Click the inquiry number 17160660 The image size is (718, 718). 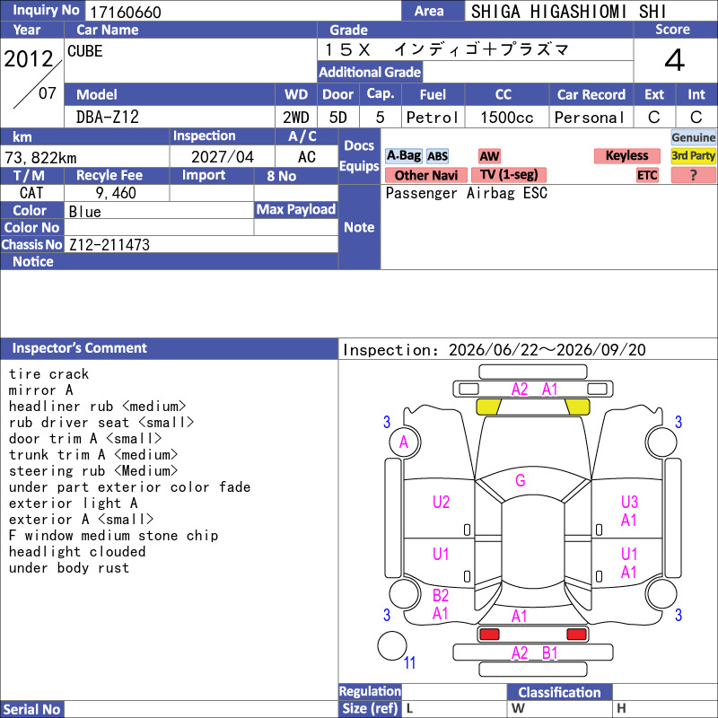[126, 12]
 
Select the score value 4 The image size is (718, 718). [675, 60]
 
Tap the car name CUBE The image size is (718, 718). [85, 51]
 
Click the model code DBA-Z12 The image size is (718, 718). [108, 118]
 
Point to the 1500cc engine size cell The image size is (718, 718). [507, 118]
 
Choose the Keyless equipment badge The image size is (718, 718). [626, 155]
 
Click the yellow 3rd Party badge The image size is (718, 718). [693, 155]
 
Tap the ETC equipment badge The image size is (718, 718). [647, 175]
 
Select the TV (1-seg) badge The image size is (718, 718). [509, 175]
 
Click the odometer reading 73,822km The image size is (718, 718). [40, 158]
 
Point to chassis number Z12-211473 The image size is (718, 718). [109, 245]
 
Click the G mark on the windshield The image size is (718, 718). [521, 480]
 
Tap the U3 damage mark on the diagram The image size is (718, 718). [629, 502]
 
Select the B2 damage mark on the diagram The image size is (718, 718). [441, 595]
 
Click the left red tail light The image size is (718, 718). [489, 635]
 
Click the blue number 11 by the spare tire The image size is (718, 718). [409, 662]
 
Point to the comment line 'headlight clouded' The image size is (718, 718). [77, 552]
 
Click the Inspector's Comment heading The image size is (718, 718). [80, 348]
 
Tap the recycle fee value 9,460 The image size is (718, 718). [116, 193]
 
